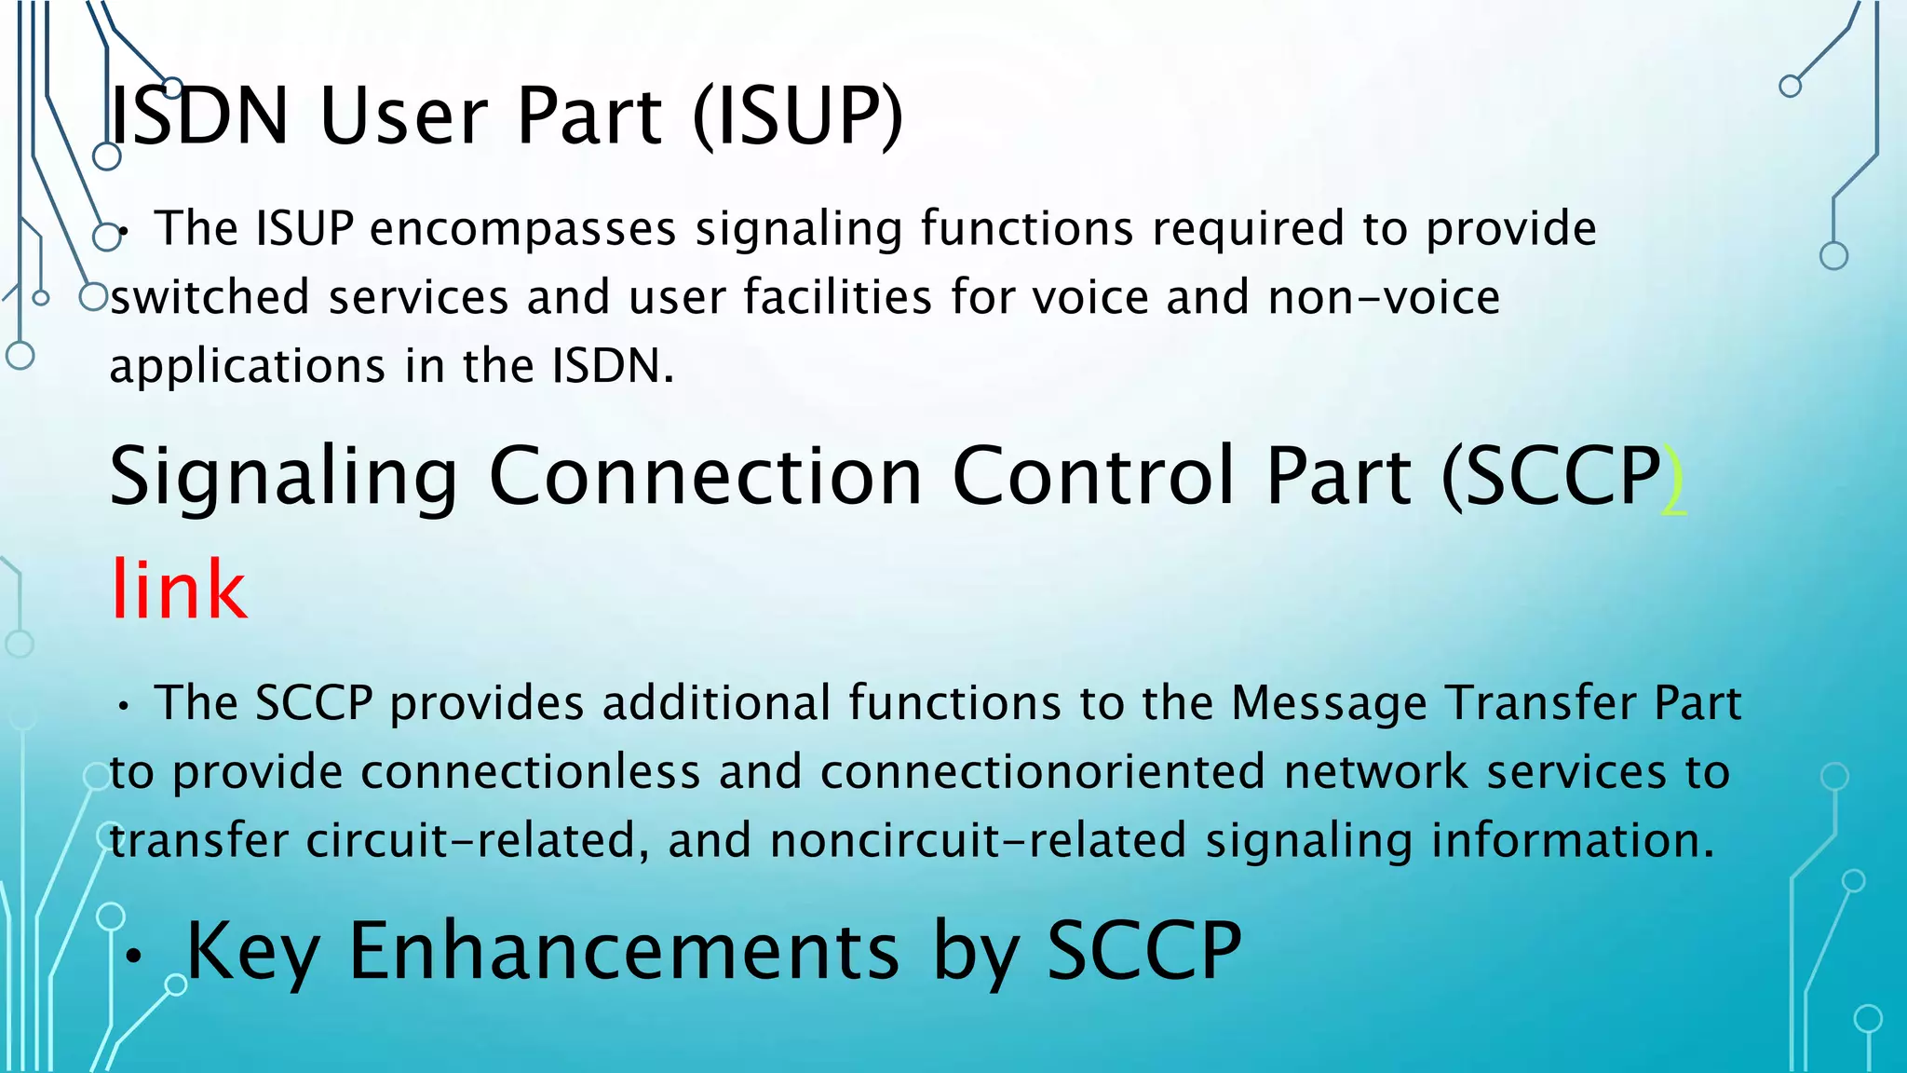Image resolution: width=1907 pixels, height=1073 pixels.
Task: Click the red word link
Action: coord(179,589)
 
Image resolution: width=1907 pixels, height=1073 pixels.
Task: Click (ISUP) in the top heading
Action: coord(798,116)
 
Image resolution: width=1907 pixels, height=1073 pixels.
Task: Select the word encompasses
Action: coord(522,229)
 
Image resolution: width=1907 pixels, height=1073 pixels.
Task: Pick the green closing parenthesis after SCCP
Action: coord(1673,479)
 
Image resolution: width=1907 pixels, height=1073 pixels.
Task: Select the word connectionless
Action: coord(530,772)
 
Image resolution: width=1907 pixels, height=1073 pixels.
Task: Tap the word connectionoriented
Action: coord(1042,772)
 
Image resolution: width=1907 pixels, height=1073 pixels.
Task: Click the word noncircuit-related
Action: coord(978,840)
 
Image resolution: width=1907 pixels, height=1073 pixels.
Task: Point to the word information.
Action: coord(1572,840)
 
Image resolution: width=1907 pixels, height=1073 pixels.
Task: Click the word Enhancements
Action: coord(624,951)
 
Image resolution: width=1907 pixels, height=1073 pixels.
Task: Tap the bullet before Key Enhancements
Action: coord(135,956)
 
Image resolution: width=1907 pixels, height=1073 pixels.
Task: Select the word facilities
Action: coord(837,298)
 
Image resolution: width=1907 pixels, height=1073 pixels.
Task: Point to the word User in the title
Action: coord(402,116)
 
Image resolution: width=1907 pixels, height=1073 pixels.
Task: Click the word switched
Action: coord(210,298)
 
